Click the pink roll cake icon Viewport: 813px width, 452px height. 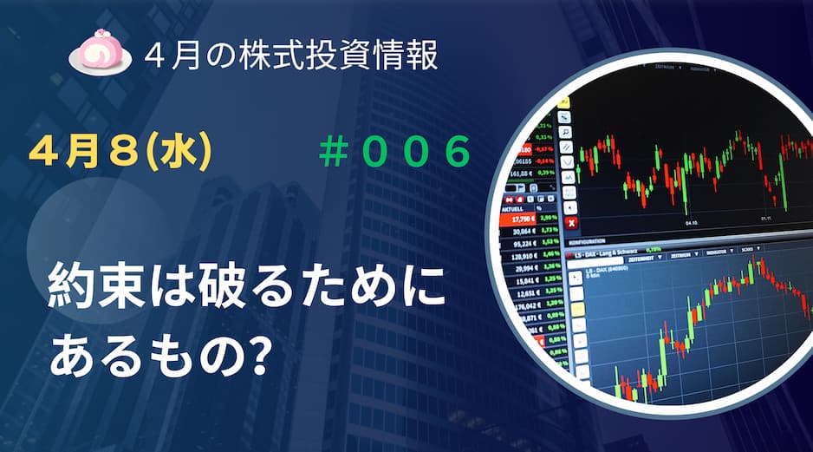pos(100,54)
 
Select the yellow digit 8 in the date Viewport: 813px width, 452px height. pos(117,153)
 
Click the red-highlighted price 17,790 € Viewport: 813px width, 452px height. pos(524,219)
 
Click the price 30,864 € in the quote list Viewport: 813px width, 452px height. pos(523,232)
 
